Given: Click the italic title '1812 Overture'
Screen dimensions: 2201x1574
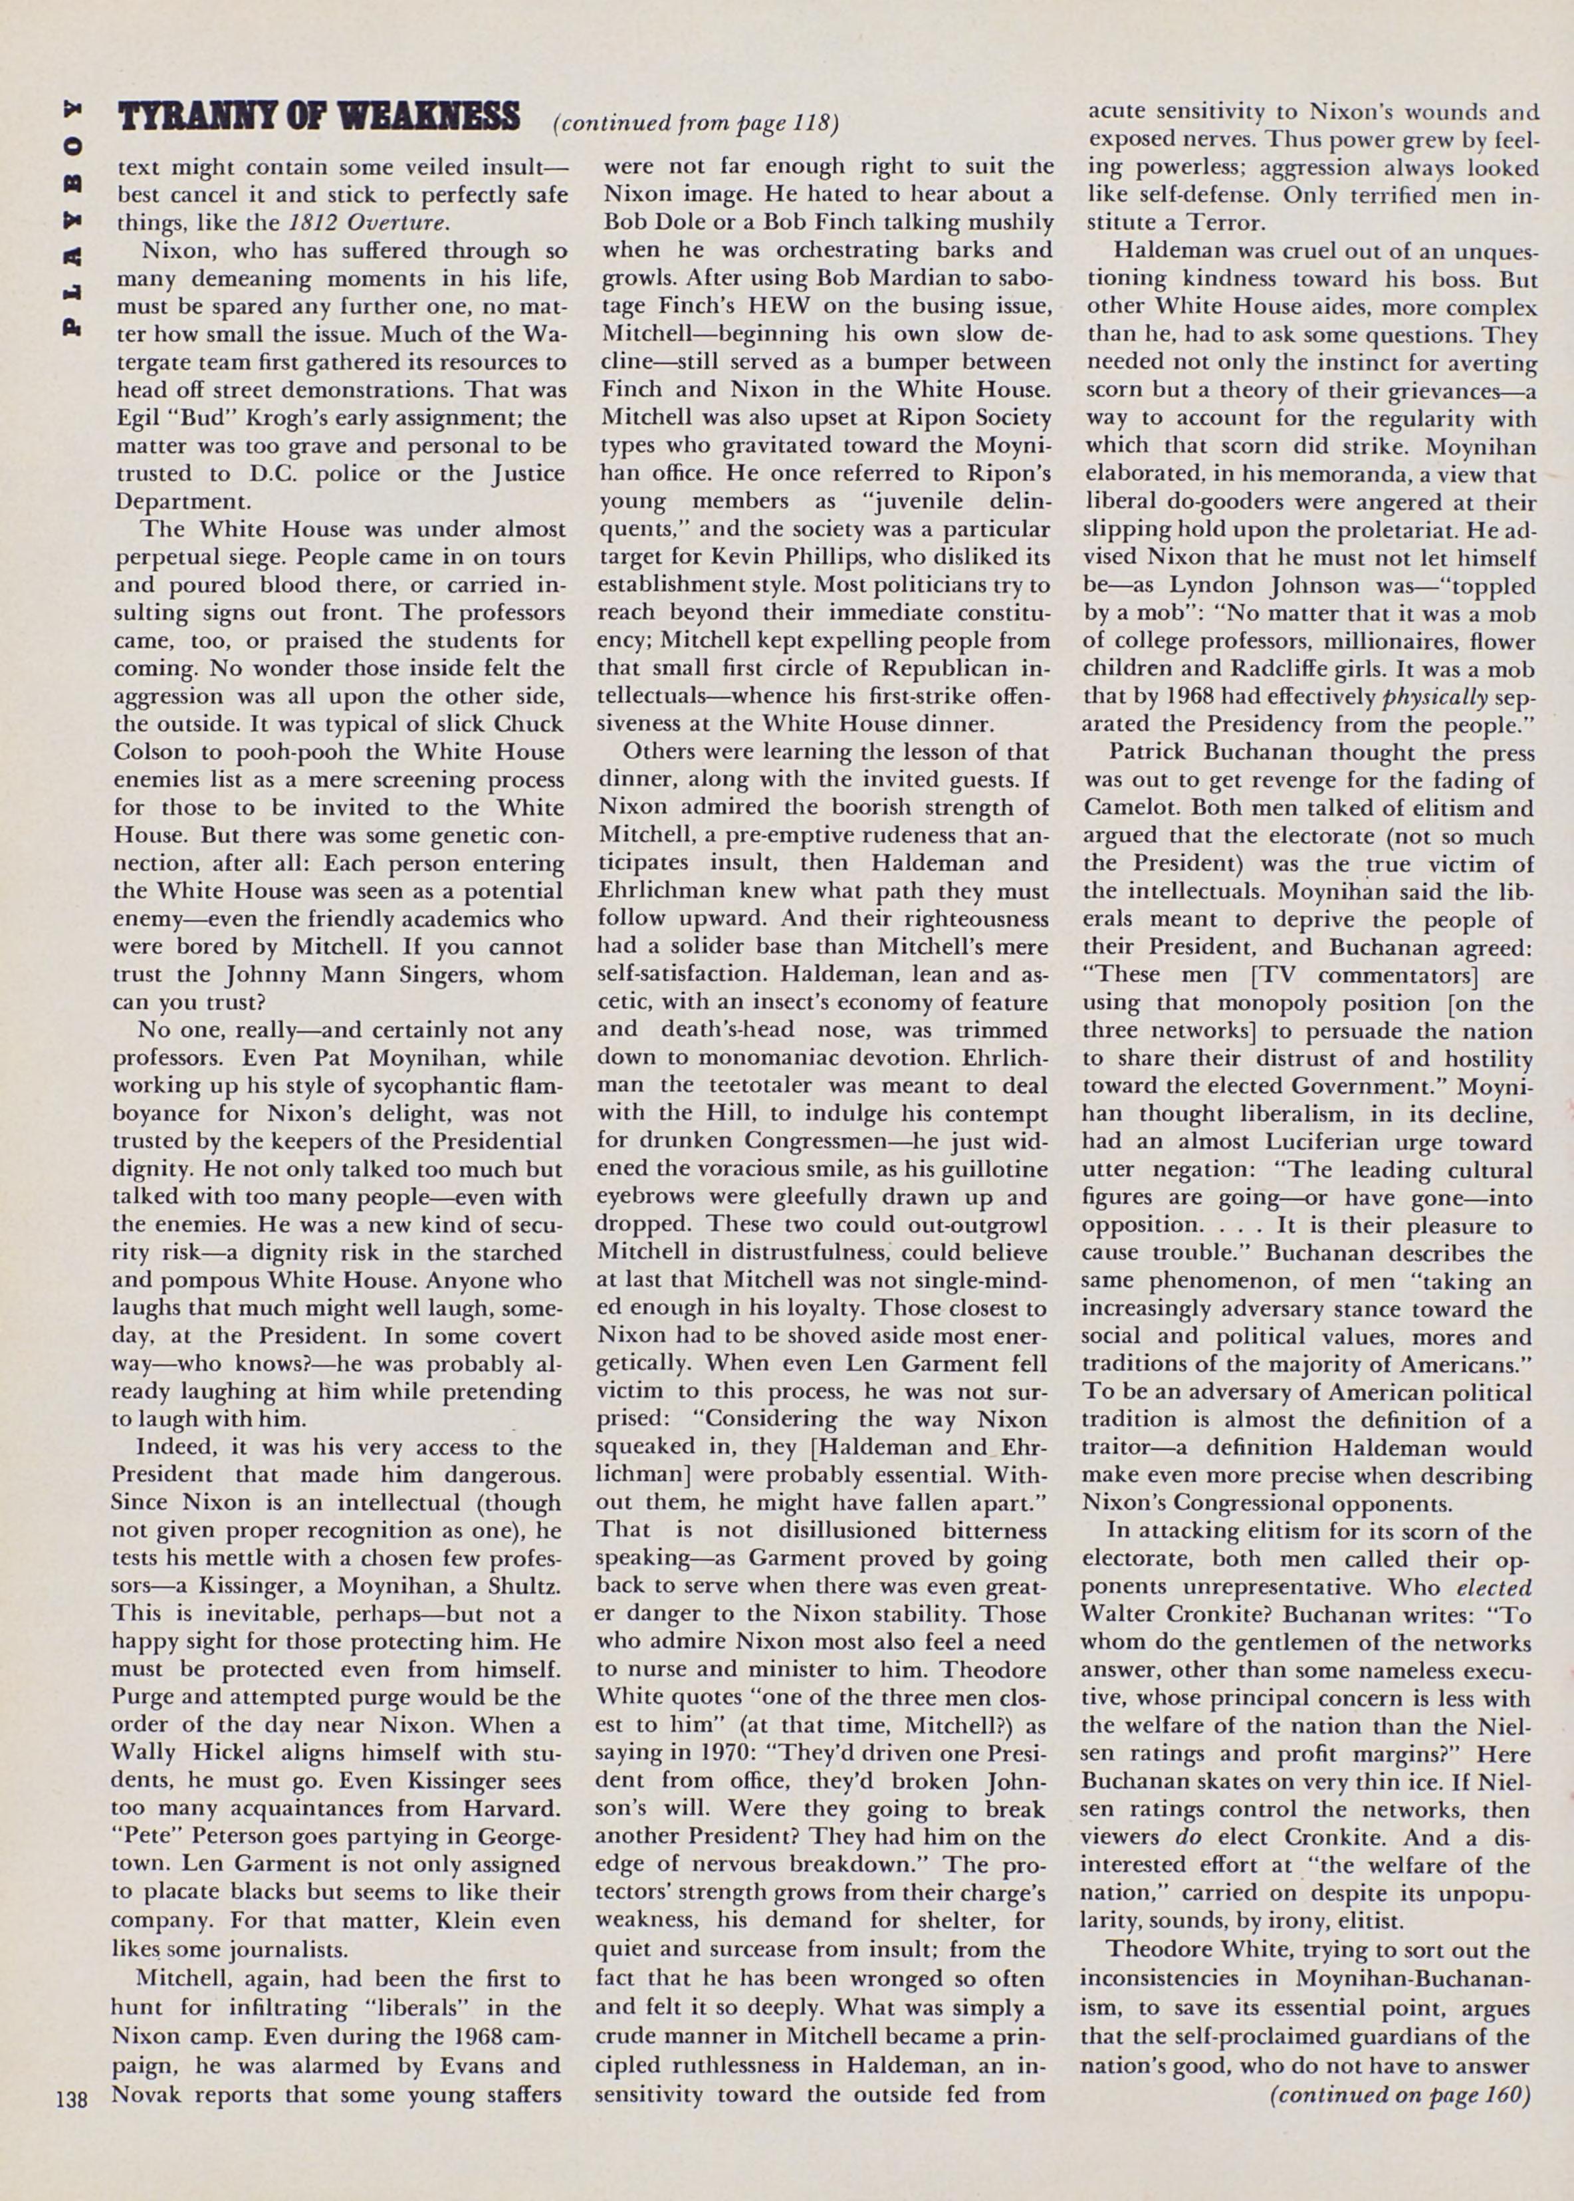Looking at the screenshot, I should coord(368,223).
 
